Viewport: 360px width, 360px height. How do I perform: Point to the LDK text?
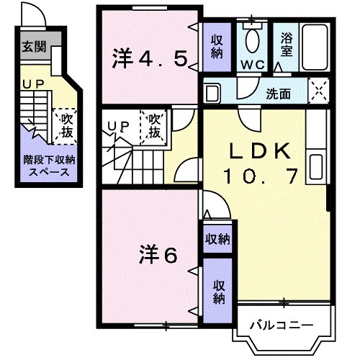260,151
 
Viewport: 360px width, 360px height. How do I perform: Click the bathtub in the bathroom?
315,46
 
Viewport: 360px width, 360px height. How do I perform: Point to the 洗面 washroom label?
279,93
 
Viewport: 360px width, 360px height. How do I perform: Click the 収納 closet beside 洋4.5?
216,46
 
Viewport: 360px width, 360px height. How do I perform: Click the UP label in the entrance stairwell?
31,85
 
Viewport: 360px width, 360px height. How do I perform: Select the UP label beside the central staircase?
118,127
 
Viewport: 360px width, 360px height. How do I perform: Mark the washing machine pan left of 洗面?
212,92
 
